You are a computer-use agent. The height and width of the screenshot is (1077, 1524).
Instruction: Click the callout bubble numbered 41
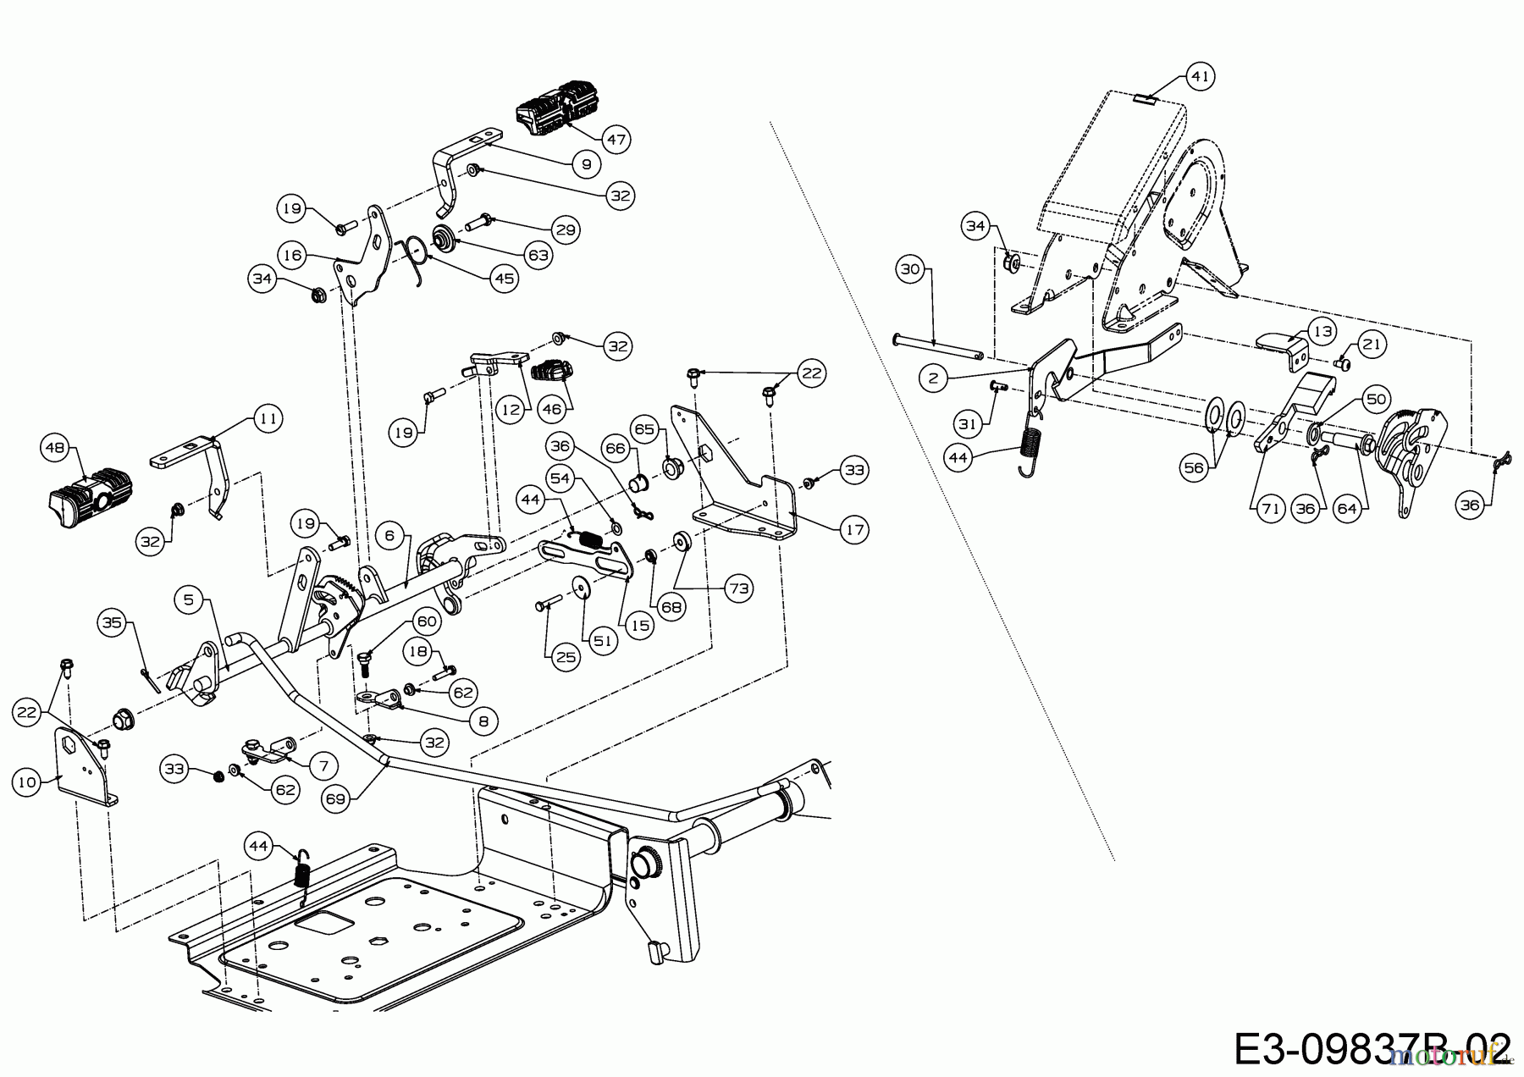tap(1199, 77)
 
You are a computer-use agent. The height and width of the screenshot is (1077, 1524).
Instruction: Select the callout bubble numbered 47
tap(617, 139)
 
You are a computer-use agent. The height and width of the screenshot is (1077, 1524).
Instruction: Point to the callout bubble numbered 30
tap(910, 270)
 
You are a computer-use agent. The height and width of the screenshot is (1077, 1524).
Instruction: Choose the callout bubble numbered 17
tap(854, 530)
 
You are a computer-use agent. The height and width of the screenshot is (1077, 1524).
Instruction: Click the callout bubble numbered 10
tap(28, 782)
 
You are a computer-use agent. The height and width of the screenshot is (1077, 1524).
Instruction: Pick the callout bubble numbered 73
tap(739, 588)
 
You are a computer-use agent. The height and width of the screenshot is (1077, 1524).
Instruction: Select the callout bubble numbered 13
tap(1322, 329)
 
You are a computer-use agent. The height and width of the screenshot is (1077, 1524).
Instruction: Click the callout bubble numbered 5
tap(189, 599)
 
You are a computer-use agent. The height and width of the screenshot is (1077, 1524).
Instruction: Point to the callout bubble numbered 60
tap(428, 622)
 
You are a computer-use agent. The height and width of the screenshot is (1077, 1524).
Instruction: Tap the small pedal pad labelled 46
tap(547, 373)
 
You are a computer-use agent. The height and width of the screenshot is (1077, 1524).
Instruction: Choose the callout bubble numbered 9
tap(586, 164)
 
